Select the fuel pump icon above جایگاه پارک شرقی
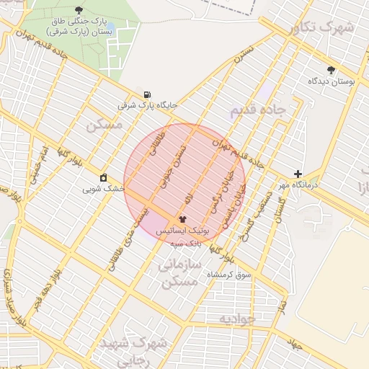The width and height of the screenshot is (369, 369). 148,94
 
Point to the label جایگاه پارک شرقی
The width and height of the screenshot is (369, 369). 148,105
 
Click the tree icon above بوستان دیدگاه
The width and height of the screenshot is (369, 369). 331,70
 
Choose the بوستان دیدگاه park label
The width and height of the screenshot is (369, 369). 332,81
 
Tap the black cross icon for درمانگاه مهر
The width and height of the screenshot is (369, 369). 298,174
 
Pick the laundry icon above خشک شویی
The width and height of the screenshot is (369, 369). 104,177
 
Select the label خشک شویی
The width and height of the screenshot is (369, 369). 104,188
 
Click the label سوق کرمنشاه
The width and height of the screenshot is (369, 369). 228,275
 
